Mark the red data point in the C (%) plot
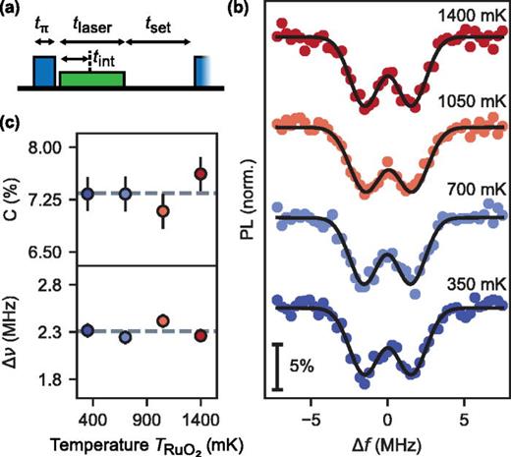point(200,174)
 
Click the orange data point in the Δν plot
point(163,320)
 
